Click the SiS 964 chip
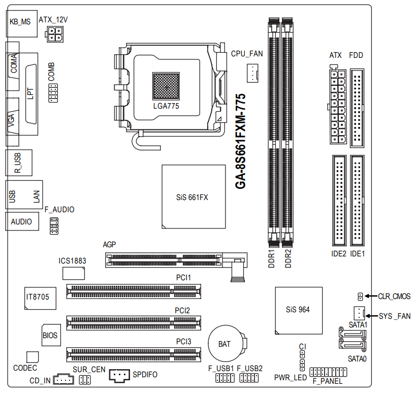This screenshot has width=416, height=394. [x=298, y=310]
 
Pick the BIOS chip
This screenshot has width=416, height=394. [x=50, y=336]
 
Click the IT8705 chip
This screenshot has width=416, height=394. [x=38, y=297]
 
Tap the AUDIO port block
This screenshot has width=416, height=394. [x=21, y=221]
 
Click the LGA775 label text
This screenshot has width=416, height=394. [x=166, y=107]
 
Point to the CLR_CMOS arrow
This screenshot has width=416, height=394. [x=371, y=296]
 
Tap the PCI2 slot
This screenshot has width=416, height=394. [x=133, y=322]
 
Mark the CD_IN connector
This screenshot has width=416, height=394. [x=63, y=379]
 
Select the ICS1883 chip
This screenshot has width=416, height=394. [x=74, y=273]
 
